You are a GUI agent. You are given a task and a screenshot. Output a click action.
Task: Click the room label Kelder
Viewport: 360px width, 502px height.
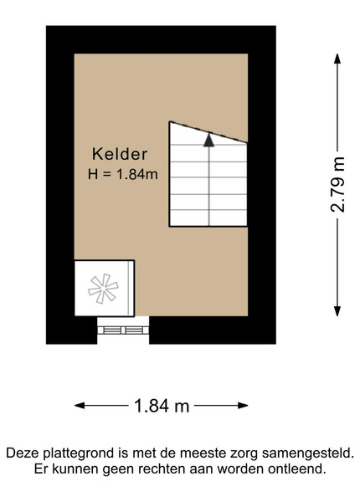[x=120, y=154]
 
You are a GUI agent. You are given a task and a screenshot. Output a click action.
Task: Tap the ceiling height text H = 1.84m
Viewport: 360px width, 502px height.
[x=123, y=175]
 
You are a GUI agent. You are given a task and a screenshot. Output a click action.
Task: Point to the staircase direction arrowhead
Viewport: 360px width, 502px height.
[x=208, y=140]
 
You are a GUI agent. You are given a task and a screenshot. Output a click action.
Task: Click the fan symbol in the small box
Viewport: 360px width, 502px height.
[x=103, y=289]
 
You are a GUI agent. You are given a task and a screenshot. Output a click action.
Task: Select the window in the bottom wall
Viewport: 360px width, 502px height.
[x=123, y=330]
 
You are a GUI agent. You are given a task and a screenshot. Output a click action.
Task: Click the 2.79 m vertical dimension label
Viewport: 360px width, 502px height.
[x=338, y=184]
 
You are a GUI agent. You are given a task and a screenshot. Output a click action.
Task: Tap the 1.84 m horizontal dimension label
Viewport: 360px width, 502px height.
[x=162, y=406]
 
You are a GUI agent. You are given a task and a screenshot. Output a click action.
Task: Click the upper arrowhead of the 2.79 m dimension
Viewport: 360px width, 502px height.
[x=337, y=59]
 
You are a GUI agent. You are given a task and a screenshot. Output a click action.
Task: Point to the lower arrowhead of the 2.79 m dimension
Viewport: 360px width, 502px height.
[x=337, y=311]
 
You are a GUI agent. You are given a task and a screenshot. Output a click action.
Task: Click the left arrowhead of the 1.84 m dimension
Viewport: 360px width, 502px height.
[x=80, y=406]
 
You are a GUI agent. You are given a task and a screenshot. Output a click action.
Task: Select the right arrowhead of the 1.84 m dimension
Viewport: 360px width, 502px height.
[x=243, y=406]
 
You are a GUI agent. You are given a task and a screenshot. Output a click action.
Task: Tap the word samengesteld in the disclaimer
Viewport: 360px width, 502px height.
[x=308, y=453]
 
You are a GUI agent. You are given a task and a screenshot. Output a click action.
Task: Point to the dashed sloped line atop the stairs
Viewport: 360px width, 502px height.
[x=208, y=132]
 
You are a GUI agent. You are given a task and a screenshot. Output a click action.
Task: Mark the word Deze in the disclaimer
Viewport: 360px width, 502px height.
[x=23, y=453]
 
